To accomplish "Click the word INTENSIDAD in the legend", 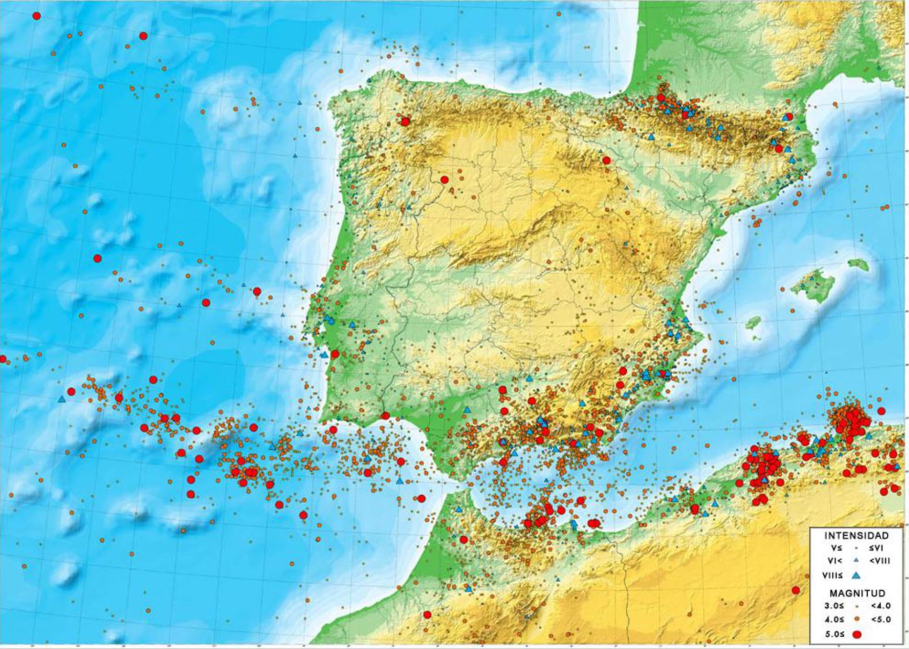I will [x=856, y=535].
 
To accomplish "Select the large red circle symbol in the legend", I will [x=856, y=634].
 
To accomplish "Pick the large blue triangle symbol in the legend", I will [x=855, y=576].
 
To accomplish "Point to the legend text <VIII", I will [x=879, y=561].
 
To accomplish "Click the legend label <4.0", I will [x=880, y=606].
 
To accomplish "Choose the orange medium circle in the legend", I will [x=856, y=620].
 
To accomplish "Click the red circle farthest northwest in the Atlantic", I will [x=36, y=16].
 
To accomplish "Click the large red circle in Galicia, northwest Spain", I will [x=405, y=121].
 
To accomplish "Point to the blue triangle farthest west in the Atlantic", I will [x=62, y=399].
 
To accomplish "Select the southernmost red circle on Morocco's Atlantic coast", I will [x=427, y=615].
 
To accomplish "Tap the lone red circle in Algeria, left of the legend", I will [x=795, y=590].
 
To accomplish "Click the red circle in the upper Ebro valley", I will [x=606, y=160].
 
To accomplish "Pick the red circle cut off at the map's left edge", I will [x=3, y=359].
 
